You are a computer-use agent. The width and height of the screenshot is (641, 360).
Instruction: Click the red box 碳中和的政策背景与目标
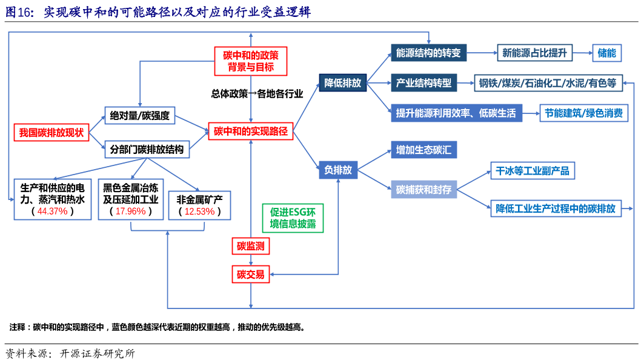pyautogui.click(x=251, y=61)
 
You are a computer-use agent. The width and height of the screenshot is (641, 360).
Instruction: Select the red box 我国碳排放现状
pyautogui.click(x=51, y=133)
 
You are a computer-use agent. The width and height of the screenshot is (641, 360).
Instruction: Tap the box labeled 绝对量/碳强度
pyautogui.click(x=139, y=115)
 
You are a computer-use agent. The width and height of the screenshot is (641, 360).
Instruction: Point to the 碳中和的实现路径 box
pyautogui.click(x=251, y=131)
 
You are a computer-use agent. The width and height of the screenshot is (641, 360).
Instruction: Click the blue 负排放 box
pyautogui.click(x=338, y=170)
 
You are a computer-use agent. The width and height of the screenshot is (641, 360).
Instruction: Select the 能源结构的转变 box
pyautogui.click(x=428, y=53)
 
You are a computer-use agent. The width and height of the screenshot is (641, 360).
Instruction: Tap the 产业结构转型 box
pyautogui.click(x=423, y=83)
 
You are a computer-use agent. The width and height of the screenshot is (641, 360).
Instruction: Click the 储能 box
pyautogui.click(x=606, y=53)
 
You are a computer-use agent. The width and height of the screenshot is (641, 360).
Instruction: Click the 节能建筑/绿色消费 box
pyautogui.click(x=584, y=113)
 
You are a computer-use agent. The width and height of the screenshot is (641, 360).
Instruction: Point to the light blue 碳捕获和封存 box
pyautogui.click(x=423, y=190)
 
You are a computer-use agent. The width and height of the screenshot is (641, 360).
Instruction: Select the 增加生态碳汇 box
pyautogui.click(x=423, y=150)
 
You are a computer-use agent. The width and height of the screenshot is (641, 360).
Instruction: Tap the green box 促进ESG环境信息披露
pyautogui.click(x=293, y=218)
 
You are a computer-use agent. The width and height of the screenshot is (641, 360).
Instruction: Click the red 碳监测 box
pyautogui.click(x=250, y=246)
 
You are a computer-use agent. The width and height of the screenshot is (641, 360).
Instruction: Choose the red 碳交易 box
pyautogui.click(x=250, y=275)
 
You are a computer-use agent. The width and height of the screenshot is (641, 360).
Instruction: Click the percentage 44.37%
pyautogui.click(x=53, y=212)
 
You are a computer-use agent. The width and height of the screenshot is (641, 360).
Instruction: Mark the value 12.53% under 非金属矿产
pyautogui.click(x=200, y=212)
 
